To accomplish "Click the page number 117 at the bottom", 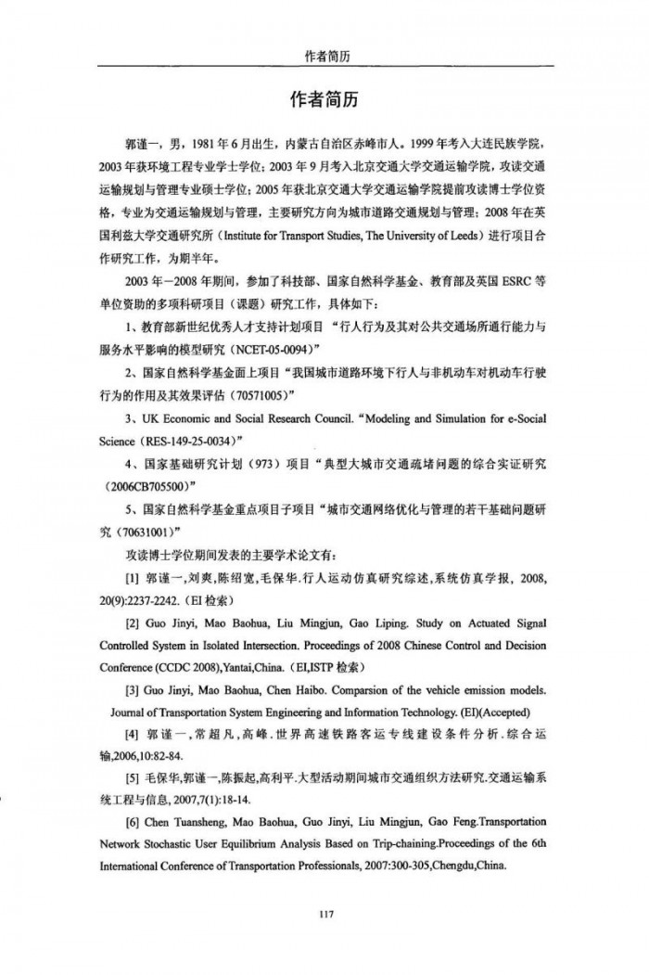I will click(x=324, y=889).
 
